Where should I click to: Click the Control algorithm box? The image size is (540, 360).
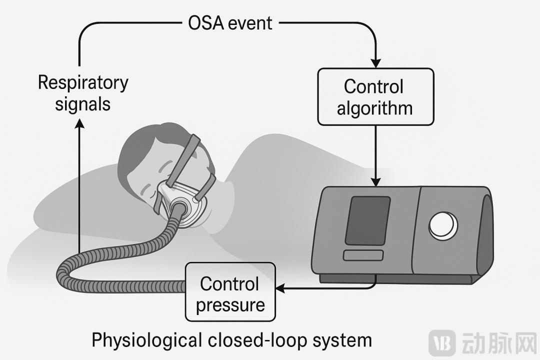pos(375,96)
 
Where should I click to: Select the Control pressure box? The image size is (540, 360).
pos(230,292)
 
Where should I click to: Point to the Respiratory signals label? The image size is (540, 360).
pos(83,93)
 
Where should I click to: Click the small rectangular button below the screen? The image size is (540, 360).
pos(363,255)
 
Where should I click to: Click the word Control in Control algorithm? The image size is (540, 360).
pos(373,86)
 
